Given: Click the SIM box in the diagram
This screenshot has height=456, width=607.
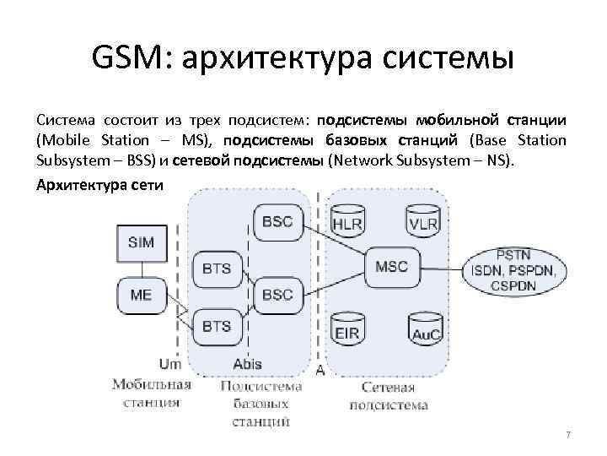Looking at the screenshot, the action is pyautogui.click(x=141, y=242).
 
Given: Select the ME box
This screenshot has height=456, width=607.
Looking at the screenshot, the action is pyautogui.click(x=141, y=296).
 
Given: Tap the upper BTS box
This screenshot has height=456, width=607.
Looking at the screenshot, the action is pyautogui.click(x=217, y=269).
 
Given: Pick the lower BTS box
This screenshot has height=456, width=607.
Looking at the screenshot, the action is pyautogui.click(x=217, y=325).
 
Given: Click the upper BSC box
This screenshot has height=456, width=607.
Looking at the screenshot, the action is pyautogui.click(x=277, y=221).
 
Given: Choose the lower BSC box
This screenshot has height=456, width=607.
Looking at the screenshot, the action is pyautogui.click(x=277, y=295).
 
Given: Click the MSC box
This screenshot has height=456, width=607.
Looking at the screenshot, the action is pyautogui.click(x=391, y=267).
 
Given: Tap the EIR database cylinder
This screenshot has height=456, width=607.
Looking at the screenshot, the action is pyautogui.click(x=346, y=329).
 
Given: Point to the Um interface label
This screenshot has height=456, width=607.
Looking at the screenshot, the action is pyautogui.click(x=170, y=364).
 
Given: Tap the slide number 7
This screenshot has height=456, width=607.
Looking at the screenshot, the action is pyautogui.click(x=568, y=435).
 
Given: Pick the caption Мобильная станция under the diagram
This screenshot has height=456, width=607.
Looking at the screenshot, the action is pyautogui.click(x=152, y=394).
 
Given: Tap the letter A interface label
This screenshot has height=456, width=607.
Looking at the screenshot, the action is pyautogui.click(x=320, y=369).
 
